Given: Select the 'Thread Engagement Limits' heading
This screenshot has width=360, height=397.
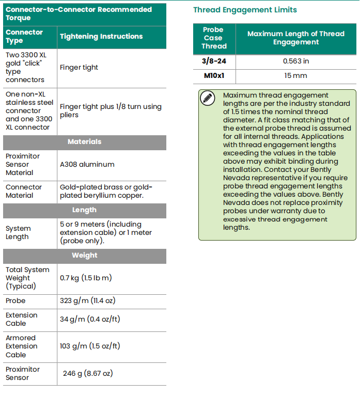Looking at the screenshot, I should (245, 10).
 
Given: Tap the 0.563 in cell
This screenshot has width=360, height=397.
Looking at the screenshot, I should (296, 61).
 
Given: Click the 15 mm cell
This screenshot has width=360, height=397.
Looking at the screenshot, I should (296, 76).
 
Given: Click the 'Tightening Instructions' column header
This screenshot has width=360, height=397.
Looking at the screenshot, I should (101, 36).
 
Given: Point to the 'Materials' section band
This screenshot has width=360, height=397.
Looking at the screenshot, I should (85, 142).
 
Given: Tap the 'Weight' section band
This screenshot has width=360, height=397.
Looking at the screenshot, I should (85, 256).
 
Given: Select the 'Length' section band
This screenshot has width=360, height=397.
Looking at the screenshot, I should (85, 210).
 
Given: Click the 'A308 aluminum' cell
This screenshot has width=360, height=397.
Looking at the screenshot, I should (87, 165).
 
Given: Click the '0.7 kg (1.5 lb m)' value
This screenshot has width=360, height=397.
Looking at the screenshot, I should (86, 278).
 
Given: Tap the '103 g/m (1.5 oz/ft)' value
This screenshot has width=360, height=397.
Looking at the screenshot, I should (90, 346).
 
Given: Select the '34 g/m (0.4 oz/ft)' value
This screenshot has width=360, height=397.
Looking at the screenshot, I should (90, 319).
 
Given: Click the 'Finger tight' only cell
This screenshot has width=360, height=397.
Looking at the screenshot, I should (79, 68).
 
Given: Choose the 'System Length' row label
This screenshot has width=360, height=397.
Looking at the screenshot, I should (19, 233).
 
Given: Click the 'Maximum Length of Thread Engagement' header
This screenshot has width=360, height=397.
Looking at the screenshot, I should (296, 38).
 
